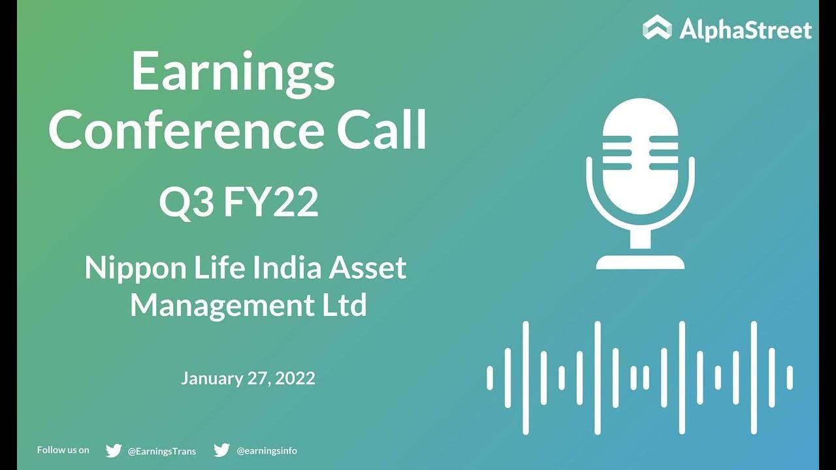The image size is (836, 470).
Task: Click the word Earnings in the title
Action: [233, 73]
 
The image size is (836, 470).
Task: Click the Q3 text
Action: [186, 202]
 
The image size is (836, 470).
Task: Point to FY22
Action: [271, 202]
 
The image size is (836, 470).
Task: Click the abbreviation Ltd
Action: [342, 305]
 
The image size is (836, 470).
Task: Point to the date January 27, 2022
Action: [248, 378]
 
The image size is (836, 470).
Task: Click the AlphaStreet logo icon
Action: [656, 28]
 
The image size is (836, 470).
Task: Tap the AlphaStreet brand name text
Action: [745, 29]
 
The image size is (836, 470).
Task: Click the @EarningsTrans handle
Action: [161, 450]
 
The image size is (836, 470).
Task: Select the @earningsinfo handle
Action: [266, 450]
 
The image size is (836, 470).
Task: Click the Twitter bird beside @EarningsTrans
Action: [114, 450]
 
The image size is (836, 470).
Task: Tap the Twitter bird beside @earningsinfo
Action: [221, 450]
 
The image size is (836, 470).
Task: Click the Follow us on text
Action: [63, 450]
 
